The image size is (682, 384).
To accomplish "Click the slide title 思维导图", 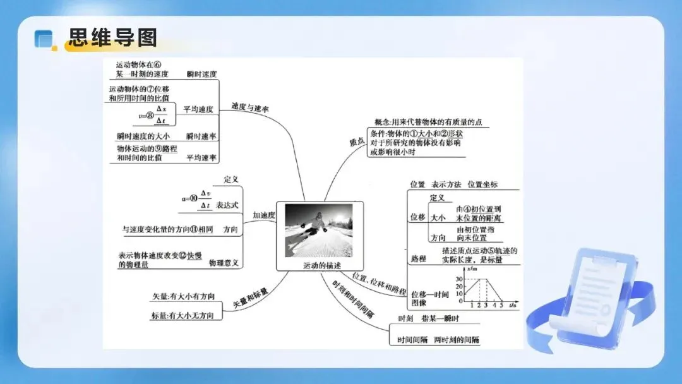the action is (x=113, y=37).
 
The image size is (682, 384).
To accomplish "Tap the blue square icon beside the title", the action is (x=44, y=39).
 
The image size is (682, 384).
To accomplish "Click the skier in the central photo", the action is (x=318, y=223).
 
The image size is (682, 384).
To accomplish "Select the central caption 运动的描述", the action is (x=321, y=265).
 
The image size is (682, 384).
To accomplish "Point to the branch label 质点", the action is (x=357, y=142).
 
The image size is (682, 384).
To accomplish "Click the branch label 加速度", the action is (x=264, y=215).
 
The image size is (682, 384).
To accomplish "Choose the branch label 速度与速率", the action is (x=250, y=108).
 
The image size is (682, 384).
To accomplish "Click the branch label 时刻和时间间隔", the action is (x=354, y=297).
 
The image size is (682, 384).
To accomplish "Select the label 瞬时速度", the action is (x=201, y=75).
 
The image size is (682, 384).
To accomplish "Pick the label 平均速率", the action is (x=201, y=158).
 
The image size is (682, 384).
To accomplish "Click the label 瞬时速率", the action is (x=201, y=136).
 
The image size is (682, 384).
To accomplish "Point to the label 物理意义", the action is (x=225, y=263).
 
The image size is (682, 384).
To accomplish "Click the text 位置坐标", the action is (x=482, y=184).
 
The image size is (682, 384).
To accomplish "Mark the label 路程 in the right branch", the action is (x=418, y=259).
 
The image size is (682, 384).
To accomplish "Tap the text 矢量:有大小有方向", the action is (x=183, y=296).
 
